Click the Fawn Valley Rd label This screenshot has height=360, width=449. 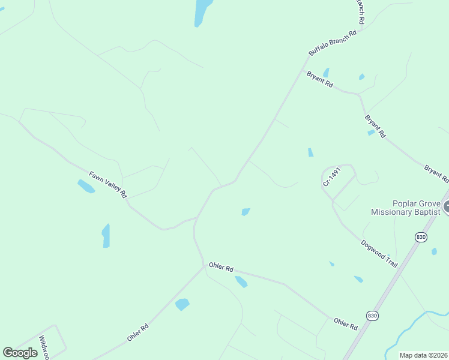(x=109, y=185)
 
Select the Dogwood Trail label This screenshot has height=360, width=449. (x=379, y=254)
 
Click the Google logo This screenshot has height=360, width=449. (x=20, y=353)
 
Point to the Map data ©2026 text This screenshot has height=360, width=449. (x=423, y=355)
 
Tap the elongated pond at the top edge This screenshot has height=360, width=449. (x=203, y=12)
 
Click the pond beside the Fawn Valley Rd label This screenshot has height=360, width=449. (x=86, y=186)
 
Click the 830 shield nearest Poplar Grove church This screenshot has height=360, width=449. (x=421, y=238)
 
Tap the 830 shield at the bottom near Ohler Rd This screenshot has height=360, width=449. (x=372, y=315)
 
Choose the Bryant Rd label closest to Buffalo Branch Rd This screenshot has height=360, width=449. (x=319, y=80)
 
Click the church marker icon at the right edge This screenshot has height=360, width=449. (x=445, y=208)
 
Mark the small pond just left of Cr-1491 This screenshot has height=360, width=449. (x=310, y=152)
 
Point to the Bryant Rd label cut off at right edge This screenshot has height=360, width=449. (x=436, y=173)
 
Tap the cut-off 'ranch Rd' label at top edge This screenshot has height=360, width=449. (x=361, y=11)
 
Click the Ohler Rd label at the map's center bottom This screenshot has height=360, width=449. (x=221, y=268)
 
